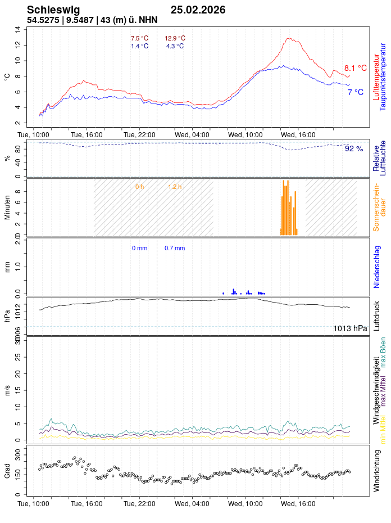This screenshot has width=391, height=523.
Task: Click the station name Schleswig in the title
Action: (x=53, y=10)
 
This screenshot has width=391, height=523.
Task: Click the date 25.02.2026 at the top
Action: (x=198, y=10)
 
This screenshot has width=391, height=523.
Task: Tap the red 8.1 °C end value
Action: (x=355, y=68)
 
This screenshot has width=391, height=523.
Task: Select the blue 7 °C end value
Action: (x=355, y=92)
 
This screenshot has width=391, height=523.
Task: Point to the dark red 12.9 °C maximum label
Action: (x=175, y=38)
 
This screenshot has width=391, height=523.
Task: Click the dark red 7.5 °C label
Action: (x=139, y=38)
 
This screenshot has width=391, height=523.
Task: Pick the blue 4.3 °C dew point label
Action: (x=175, y=46)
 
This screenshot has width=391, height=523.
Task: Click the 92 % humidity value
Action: (x=354, y=149)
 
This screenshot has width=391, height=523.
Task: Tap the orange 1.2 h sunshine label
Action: (x=175, y=186)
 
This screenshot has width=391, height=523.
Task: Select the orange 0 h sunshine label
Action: (x=139, y=186)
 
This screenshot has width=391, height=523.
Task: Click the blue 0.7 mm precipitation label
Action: (x=175, y=248)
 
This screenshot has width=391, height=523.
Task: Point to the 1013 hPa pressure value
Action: (x=350, y=328)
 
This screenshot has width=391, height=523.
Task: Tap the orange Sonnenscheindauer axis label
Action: (x=380, y=207)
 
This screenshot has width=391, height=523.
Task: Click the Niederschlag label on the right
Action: (x=378, y=267)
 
